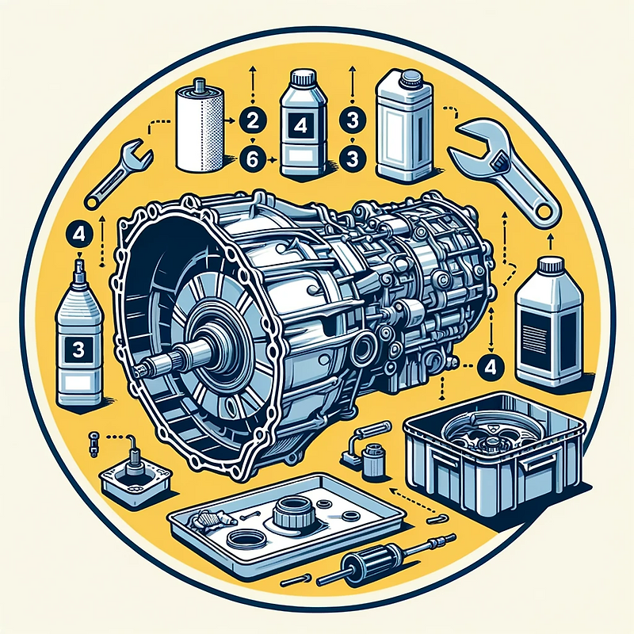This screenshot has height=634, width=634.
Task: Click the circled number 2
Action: click(252, 120)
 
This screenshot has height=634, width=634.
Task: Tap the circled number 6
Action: click(252, 159)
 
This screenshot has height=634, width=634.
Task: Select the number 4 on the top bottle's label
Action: click(300, 126)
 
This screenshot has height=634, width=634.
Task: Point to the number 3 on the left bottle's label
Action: click(78, 350)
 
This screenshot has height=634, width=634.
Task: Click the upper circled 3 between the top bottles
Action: click(352, 120)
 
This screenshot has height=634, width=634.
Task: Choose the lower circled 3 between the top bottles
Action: click(352, 159)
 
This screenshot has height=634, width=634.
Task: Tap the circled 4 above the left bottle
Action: click(80, 235)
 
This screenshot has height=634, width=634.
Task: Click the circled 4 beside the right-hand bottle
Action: click(490, 366)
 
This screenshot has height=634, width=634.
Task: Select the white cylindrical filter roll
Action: click(200, 126)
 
